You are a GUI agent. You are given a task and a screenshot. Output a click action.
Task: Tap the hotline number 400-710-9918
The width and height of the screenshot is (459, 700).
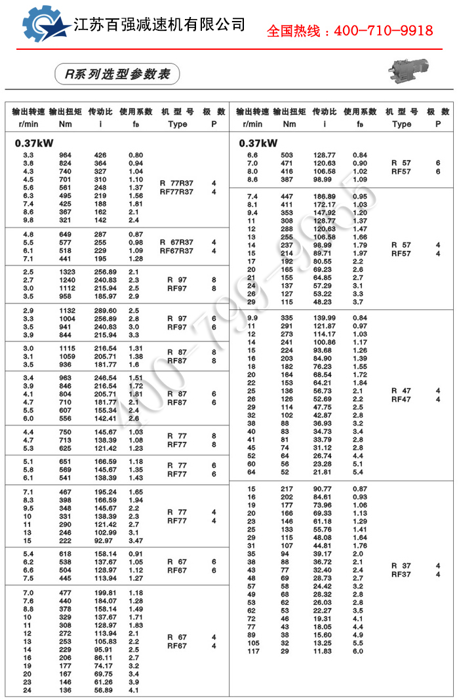(349, 31)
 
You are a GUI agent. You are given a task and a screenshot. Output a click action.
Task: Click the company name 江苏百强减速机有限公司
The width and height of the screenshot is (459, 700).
(159, 25)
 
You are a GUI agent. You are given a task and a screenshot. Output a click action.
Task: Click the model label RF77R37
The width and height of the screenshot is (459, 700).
(176, 192)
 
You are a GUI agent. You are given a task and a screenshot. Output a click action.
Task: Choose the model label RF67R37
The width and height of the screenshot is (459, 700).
(176, 250)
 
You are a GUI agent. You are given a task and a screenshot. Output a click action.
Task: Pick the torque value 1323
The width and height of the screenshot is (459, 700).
(66, 271)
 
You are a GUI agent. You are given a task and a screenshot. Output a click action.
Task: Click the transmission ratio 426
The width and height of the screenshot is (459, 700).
(100, 155)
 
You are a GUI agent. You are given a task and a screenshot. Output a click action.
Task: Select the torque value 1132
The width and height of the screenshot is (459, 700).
(66, 310)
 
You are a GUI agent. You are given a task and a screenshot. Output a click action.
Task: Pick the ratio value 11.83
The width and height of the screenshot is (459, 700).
(325, 651)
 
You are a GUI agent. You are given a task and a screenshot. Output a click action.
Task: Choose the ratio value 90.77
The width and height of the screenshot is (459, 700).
(325, 489)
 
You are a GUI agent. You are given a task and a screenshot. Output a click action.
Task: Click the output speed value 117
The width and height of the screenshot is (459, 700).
(252, 651)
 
